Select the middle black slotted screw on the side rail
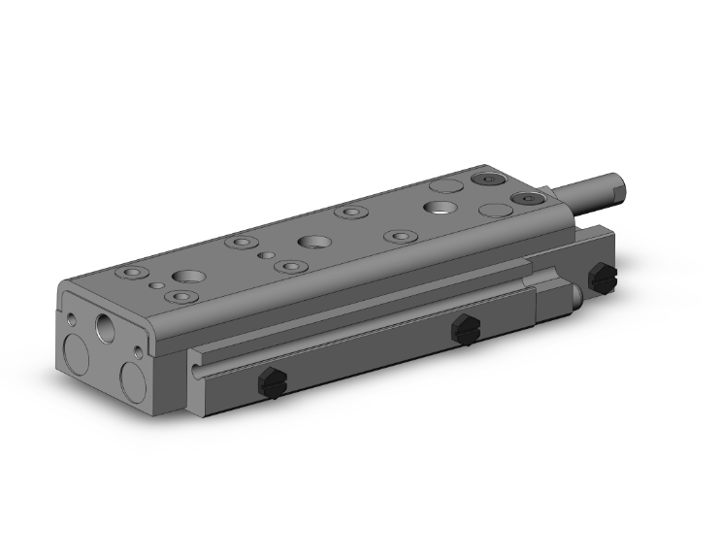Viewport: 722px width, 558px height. (465, 330)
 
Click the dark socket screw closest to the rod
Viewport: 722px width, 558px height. (524, 199)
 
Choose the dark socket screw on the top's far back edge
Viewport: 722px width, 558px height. (485, 180)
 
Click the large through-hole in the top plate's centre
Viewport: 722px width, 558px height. (312, 242)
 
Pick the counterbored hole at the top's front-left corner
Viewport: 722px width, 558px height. (129, 274)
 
